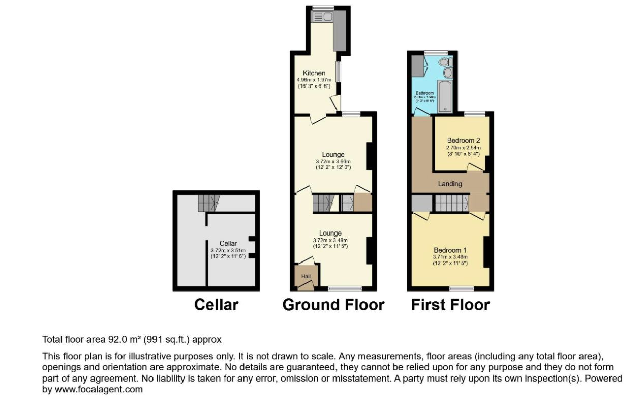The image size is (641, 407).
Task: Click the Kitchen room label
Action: (x=314, y=73)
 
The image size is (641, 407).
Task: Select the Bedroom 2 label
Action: (x=464, y=141)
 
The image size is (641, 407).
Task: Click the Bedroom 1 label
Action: (x=450, y=250)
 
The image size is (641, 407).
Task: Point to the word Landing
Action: (x=450, y=184)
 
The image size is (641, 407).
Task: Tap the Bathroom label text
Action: (x=424, y=93)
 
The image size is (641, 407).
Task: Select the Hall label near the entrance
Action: (x=306, y=276)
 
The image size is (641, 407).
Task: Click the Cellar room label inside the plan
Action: (x=228, y=244)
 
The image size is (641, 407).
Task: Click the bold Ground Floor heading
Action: (x=333, y=305)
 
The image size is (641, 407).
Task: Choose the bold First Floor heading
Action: (x=450, y=305)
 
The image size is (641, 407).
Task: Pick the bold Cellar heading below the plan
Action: (x=216, y=305)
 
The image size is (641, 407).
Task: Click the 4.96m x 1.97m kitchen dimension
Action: (x=314, y=80)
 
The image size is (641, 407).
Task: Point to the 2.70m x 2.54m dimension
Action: (x=464, y=148)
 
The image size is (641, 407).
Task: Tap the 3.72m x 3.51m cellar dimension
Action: (x=228, y=250)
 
